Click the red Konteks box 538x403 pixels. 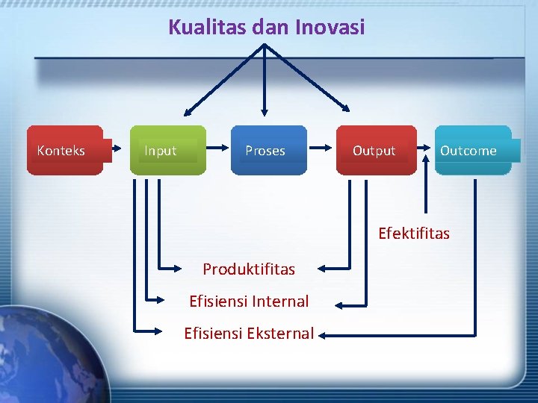pos(65,150)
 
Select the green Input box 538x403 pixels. pos(167,150)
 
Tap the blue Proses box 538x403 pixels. pos(268,150)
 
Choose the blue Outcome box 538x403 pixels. pos(472,150)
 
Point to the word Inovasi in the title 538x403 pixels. pos(330,28)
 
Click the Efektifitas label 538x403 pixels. pos(414,234)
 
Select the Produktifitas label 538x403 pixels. pos(249,269)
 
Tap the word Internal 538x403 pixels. pos(280,302)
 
